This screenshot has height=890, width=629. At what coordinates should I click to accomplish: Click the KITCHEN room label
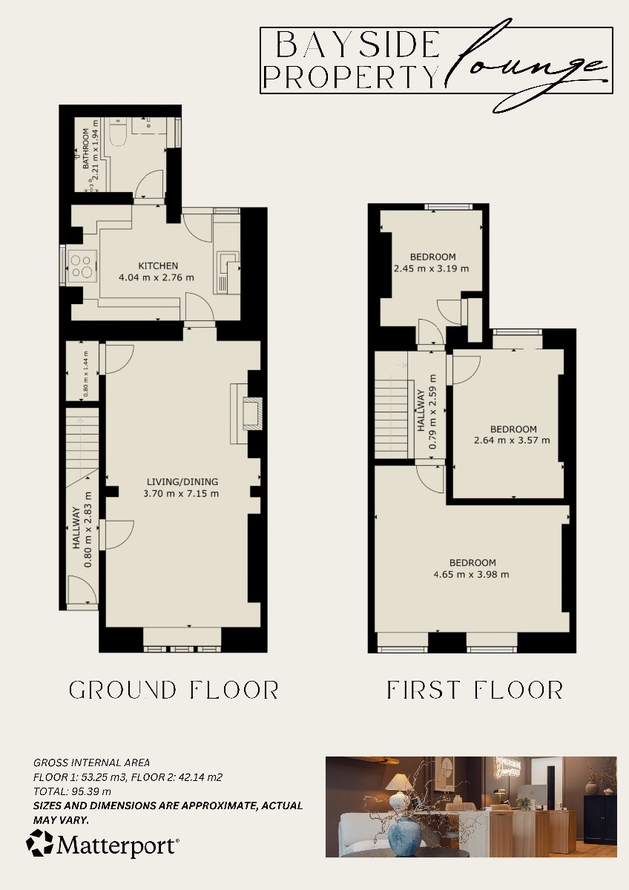pyautogui.click(x=158, y=266)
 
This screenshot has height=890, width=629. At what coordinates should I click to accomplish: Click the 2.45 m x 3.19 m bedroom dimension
pyautogui.click(x=431, y=268)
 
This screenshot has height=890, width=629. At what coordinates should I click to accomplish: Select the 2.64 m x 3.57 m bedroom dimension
pyautogui.click(x=513, y=441)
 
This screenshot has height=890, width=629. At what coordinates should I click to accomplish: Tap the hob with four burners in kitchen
pyautogui.click(x=82, y=266)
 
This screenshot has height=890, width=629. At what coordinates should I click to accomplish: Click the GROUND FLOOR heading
pyautogui.click(x=174, y=690)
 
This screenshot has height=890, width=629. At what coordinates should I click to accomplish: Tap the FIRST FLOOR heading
pyautogui.click(x=475, y=690)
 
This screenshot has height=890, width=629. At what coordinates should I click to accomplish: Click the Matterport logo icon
pyautogui.click(x=39, y=844)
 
